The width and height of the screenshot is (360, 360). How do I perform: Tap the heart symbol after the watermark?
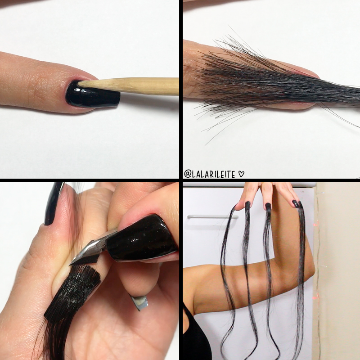242,174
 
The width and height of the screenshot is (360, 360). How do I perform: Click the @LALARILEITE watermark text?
211,174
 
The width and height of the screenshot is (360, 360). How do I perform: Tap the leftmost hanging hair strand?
227,270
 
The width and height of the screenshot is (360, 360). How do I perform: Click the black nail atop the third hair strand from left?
268,207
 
